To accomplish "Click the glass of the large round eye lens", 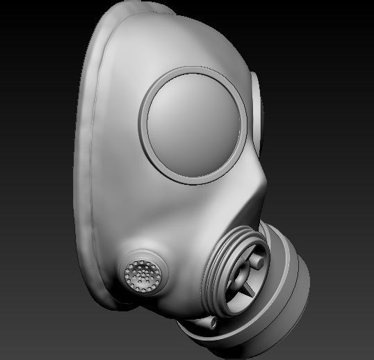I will click(195, 122).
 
